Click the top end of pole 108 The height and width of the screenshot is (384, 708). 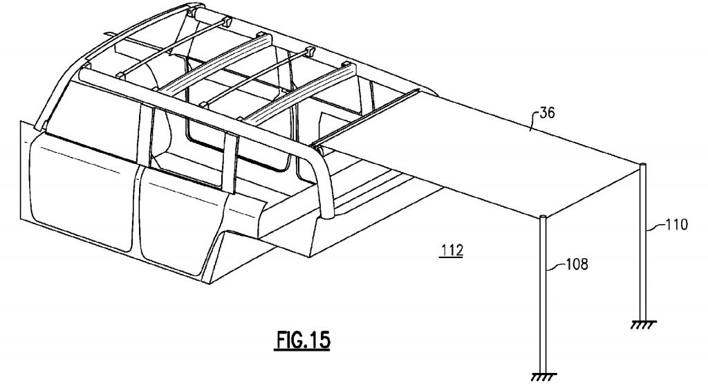(543, 219)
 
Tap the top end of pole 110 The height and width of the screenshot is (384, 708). (644, 165)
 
